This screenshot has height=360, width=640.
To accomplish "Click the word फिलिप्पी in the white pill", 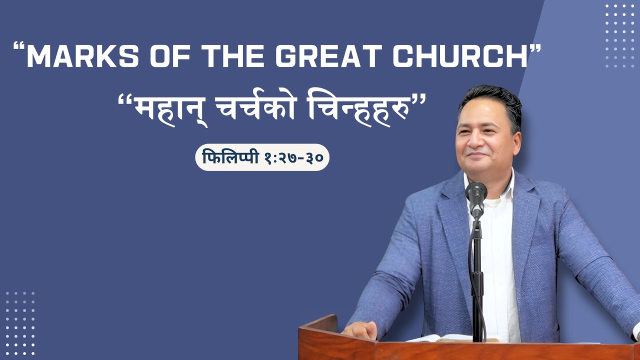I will (x=229, y=158).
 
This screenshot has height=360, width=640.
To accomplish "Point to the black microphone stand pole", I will (x=477, y=280).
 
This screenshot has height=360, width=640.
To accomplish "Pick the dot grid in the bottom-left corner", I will (x=20, y=322).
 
